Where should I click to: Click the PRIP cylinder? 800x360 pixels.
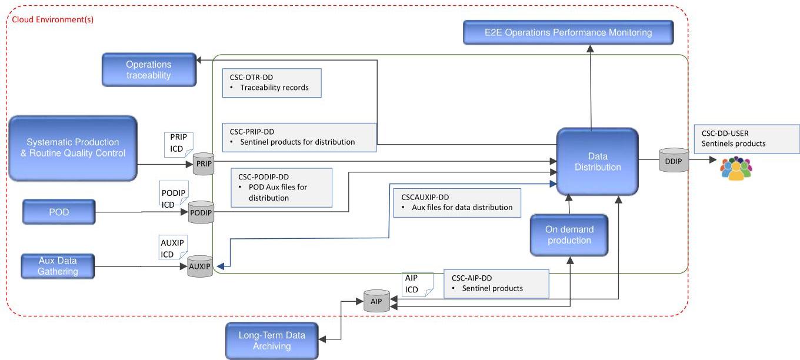pyautogui.click(x=204, y=164)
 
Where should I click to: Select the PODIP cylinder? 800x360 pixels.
pyautogui.click(x=201, y=212)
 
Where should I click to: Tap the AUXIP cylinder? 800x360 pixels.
pyautogui.click(x=200, y=266)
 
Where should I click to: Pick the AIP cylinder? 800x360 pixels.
pyautogui.click(x=376, y=301)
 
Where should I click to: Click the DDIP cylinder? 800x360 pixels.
pyautogui.click(x=674, y=161)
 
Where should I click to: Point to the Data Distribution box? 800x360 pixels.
pyautogui.click(x=598, y=161)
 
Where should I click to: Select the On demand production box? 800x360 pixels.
pyautogui.click(x=569, y=235)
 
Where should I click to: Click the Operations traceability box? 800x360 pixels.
pyautogui.click(x=149, y=69)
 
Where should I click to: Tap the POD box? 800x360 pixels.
pyautogui.click(x=59, y=212)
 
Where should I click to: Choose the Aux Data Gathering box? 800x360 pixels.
pyautogui.click(x=58, y=266)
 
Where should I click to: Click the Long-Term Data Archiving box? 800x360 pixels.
pyautogui.click(x=272, y=341)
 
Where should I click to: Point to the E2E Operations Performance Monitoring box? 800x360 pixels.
pyautogui.click(x=568, y=32)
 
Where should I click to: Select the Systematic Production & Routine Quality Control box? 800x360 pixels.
pyautogui.click(x=73, y=148)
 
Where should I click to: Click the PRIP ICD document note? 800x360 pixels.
pyautogui.click(x=179, y=145)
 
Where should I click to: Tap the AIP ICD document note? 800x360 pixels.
pyautogui.click(x=418, y=285)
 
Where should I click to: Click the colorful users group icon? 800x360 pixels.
pyautogui.click(x=736, y=168)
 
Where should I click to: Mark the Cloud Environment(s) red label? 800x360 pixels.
pyautogui.click(x=53, y=19)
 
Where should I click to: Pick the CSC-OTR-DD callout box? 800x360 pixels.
pyautogui.click(x=272, y=83)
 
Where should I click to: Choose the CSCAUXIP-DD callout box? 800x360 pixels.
pyautogui.click(x=457, y=203)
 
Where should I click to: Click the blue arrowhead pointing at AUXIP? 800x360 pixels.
pyautogui.click(x=221, y=266)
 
